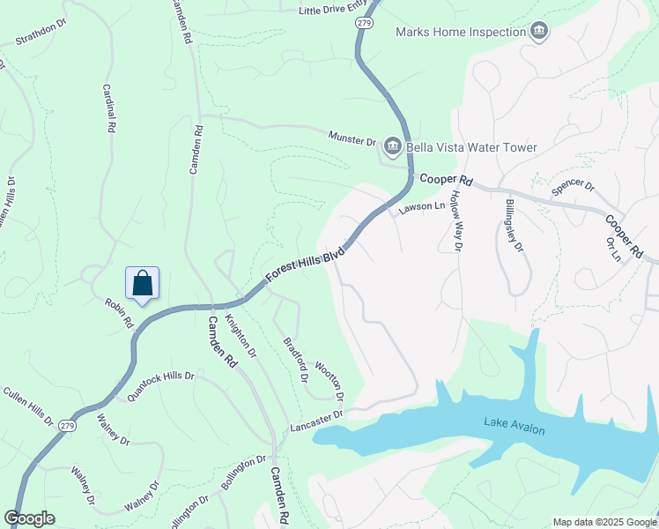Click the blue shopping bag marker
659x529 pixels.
coord(142,284)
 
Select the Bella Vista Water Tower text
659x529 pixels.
coord(472,147)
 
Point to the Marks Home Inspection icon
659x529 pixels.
coord(538,33)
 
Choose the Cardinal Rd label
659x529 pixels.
coord(109,108)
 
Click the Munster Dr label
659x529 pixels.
coord(352,139)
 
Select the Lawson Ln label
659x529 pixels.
coord(422,207)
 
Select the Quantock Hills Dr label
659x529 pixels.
coord(160,386)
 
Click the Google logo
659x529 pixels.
coord(30,518)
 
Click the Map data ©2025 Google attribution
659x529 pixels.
coord(603,522)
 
